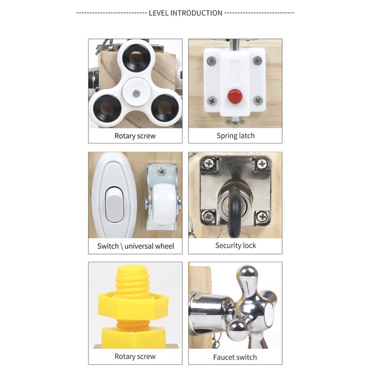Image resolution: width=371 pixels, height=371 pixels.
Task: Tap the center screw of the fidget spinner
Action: (x=136, y=93)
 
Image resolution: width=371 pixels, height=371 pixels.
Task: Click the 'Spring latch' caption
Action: (x=235, y=136)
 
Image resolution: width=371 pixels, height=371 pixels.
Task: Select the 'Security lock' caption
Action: (x=235, y=246)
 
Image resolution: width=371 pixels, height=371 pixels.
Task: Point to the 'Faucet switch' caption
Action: (x=235, y=357)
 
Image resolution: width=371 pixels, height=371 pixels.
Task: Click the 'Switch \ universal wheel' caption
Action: (x=136, y=246)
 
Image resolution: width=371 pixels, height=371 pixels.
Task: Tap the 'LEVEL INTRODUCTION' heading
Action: (x=185, y=13)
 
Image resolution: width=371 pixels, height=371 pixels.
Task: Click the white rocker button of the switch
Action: (x=114, y=204)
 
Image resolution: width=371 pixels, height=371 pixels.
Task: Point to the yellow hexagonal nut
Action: (x=133, y=306)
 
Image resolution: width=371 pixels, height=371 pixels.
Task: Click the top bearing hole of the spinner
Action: (x=136, y=57)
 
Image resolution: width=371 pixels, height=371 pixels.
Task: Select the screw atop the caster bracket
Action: (x=162, y=171)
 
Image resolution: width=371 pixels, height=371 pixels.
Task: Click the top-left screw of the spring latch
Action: (x=211, y=61)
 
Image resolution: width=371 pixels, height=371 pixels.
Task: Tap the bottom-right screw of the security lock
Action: (x=262, y=216)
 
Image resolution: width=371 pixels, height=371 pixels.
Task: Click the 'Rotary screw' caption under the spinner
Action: (x=135, y=136)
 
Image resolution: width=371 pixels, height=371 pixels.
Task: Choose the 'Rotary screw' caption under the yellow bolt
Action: (x=135, y=357)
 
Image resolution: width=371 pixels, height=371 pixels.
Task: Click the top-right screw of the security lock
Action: (x=262, y=164)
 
